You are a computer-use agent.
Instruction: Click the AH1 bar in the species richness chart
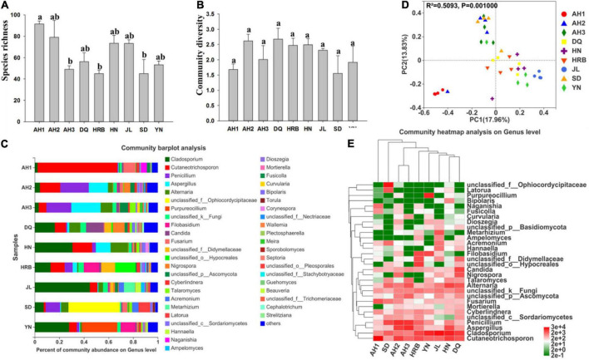[39, 67]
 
